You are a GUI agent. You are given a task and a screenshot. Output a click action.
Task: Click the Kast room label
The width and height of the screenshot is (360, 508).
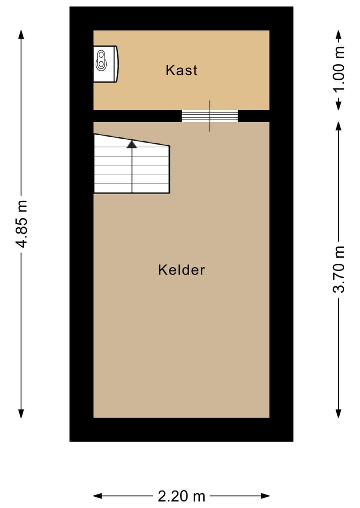[181, 70]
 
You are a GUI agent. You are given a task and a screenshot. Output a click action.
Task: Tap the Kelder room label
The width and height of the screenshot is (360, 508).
[181, 270]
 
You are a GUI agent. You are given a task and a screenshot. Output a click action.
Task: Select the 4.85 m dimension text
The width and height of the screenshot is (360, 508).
[21, 223]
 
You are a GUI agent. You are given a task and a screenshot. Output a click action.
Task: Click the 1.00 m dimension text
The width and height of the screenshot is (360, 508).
[339, 70]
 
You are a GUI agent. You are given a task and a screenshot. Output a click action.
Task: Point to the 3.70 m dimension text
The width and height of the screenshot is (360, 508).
[339, 270]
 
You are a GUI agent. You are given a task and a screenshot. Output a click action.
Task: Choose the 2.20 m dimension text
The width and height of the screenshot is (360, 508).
[181, 496]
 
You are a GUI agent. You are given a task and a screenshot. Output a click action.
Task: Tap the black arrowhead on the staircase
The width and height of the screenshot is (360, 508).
[132, 144]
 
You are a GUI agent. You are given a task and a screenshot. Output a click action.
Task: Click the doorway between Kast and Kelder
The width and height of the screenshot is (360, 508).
[210, 116]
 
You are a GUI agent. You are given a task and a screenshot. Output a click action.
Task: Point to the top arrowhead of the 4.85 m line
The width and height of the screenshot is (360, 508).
[21, 34]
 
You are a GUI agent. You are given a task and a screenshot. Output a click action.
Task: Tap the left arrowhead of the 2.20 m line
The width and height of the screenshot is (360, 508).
[98, 496]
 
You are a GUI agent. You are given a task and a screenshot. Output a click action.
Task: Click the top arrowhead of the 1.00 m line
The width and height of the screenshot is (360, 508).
[339, 34]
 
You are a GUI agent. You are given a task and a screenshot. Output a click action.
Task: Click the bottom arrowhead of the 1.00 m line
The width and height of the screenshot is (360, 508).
[339, 106]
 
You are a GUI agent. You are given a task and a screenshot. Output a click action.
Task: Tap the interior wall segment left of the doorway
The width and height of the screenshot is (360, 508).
[137, 116]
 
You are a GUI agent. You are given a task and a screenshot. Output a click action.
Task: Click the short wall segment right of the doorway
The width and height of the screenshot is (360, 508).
[254, 116]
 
